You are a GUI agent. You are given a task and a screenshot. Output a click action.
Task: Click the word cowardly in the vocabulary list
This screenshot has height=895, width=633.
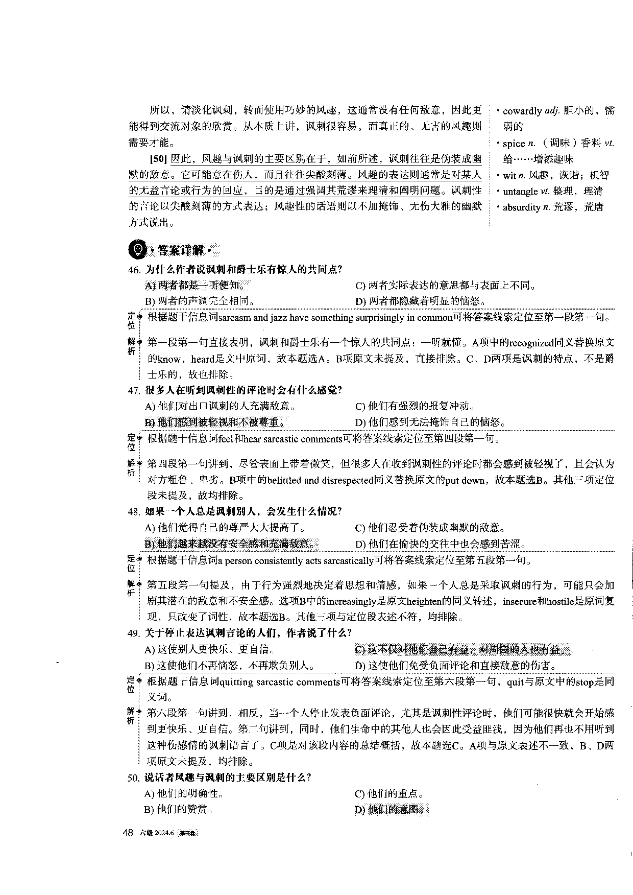(522, 111)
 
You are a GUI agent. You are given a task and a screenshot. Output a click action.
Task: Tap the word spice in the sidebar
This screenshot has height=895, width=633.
(514, 144)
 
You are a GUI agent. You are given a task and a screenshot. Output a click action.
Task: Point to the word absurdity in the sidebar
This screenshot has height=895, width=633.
(521, 207)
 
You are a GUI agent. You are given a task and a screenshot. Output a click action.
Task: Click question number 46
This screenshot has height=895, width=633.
(134, 270)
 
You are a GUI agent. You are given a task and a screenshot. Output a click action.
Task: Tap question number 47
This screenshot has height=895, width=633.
(134, 391)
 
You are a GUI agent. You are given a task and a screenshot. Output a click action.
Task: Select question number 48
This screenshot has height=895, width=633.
(134, 512)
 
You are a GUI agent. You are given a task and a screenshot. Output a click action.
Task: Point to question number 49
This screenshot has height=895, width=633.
(134, 633)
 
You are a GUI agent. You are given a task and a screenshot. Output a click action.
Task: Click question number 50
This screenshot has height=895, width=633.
(134, 778)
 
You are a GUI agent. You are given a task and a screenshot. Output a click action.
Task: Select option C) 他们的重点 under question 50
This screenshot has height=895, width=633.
(389, 794)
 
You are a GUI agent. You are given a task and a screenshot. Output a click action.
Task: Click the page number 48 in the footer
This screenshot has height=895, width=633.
(128, 833)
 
